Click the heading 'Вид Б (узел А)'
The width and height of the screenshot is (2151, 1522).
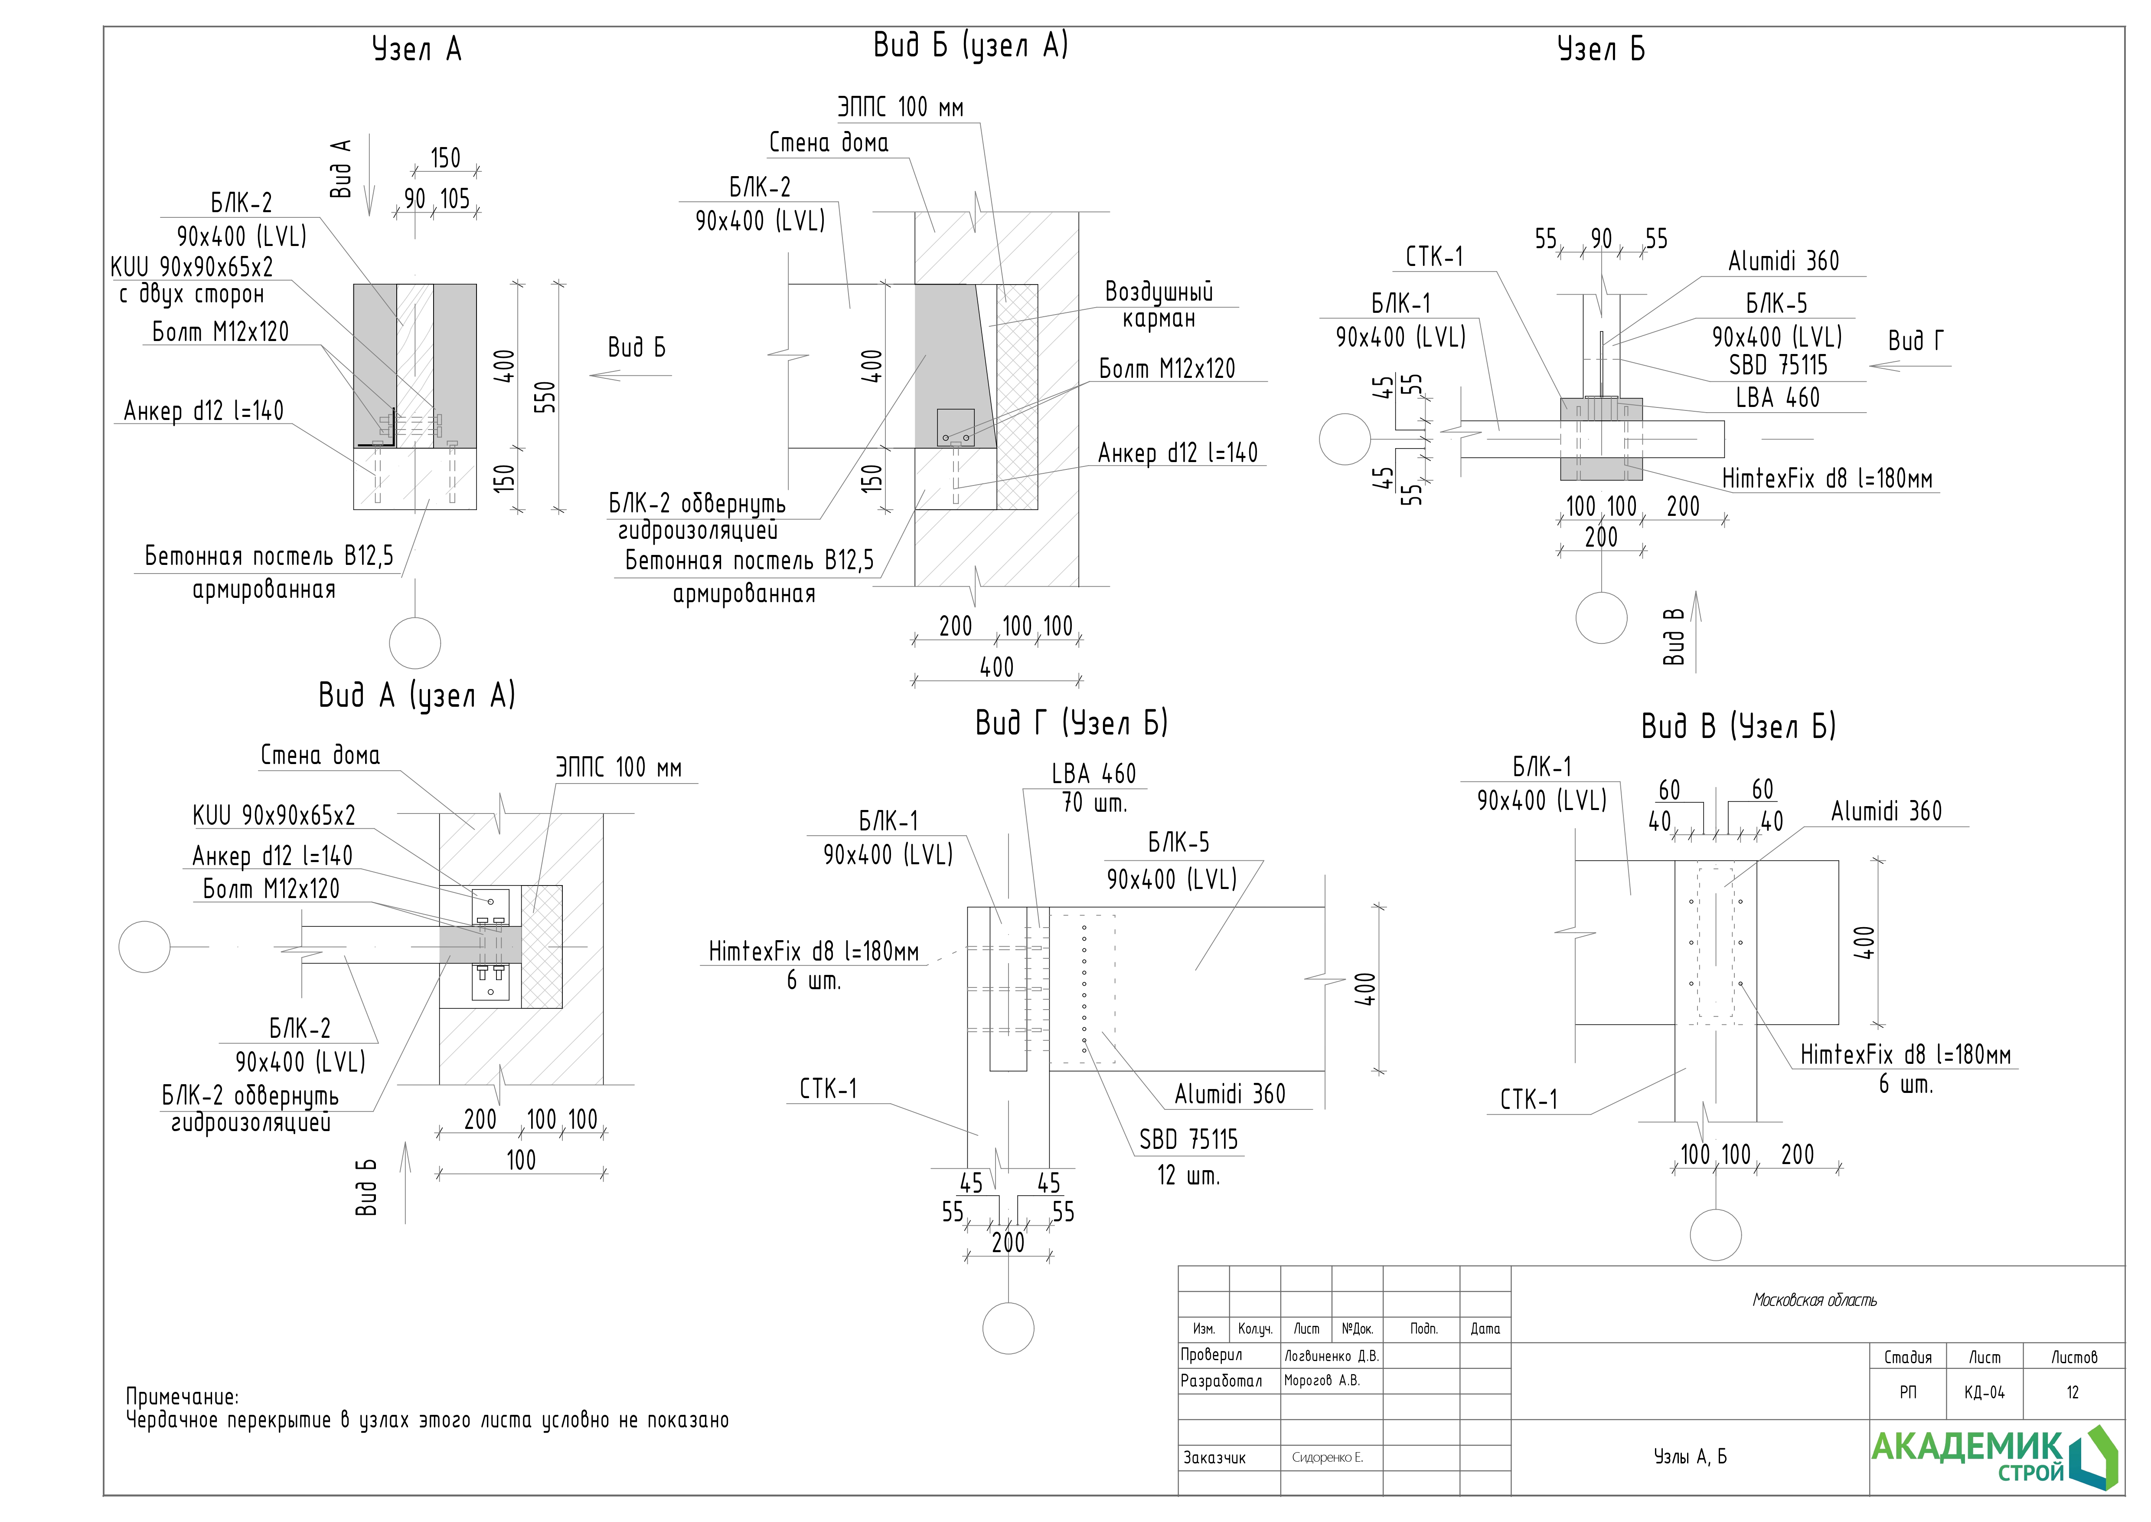(970, 45)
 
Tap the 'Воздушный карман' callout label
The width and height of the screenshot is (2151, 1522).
(1159, 305)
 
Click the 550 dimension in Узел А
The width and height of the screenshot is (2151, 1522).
(546, 397)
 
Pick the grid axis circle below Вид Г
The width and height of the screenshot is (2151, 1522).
(1008, 1327)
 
